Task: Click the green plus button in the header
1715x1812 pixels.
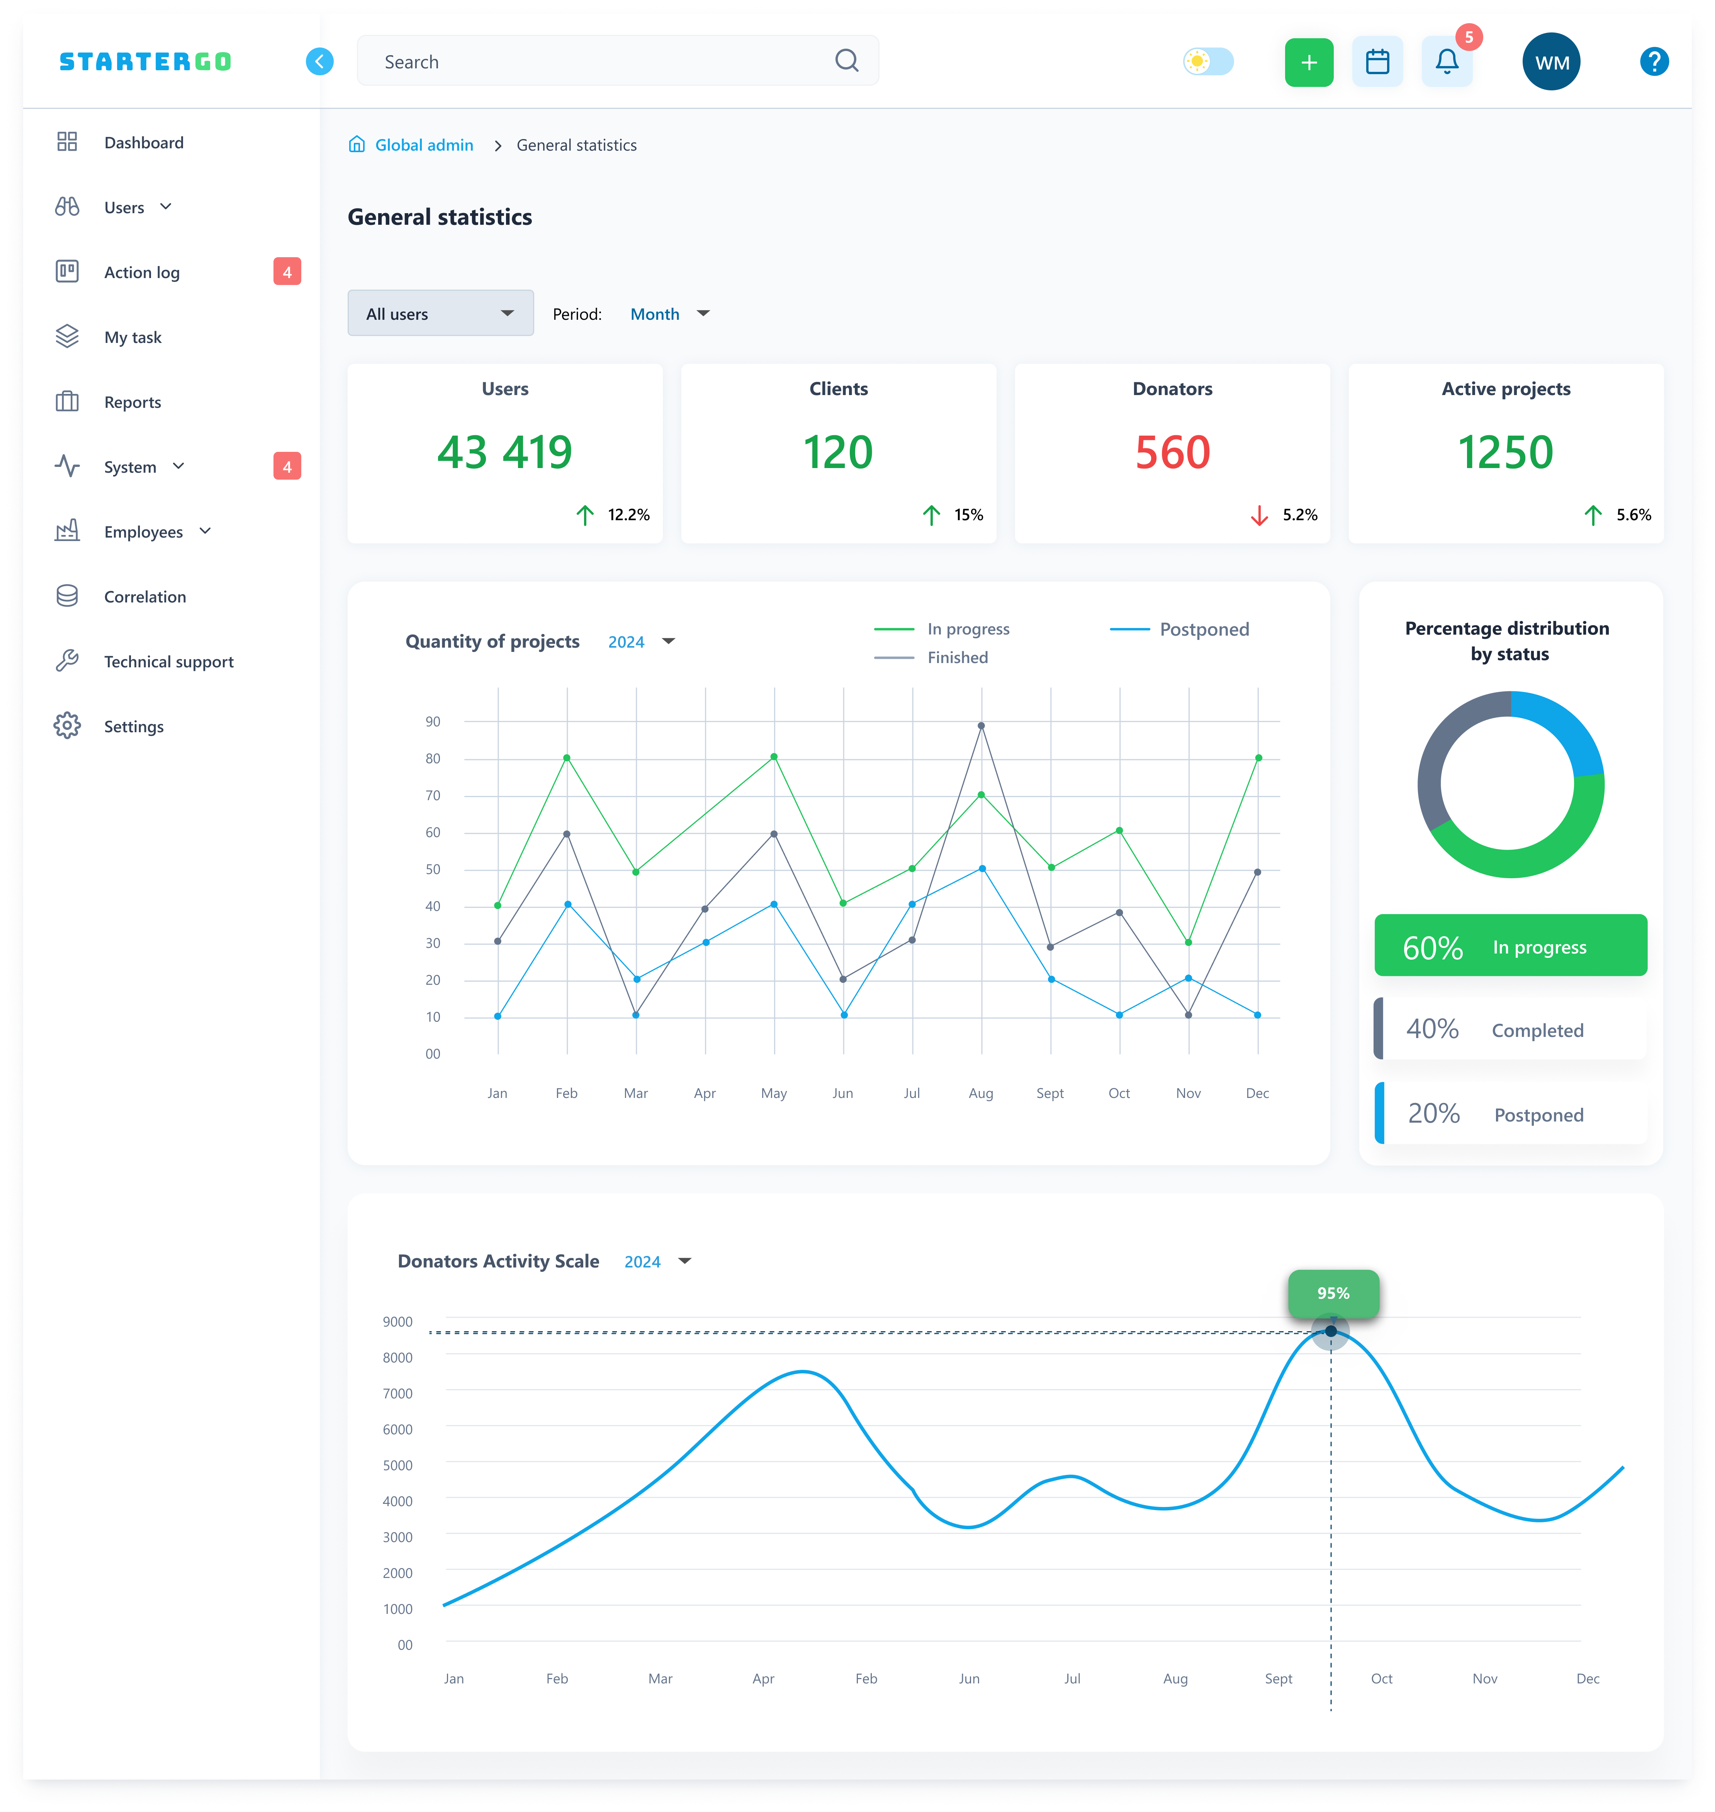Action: point(1308,62)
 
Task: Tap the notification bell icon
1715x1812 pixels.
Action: point(1446,62)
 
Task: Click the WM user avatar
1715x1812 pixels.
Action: point(1551,62)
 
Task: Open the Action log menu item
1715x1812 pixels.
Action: point(142,272)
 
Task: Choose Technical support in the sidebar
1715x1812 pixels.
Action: point(168,662)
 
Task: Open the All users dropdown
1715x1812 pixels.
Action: point(441,314)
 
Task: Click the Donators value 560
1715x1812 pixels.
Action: point(1173,452)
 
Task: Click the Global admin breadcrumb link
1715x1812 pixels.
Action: point(424,145)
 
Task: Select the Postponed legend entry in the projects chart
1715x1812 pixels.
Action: point(1179,629)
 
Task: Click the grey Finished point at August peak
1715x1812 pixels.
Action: point(981,726)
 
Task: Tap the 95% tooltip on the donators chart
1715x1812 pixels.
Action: point(1333,1293)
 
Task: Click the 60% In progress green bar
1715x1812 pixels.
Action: point(1510,946)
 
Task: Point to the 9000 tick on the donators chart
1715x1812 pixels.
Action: point(398,1322)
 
